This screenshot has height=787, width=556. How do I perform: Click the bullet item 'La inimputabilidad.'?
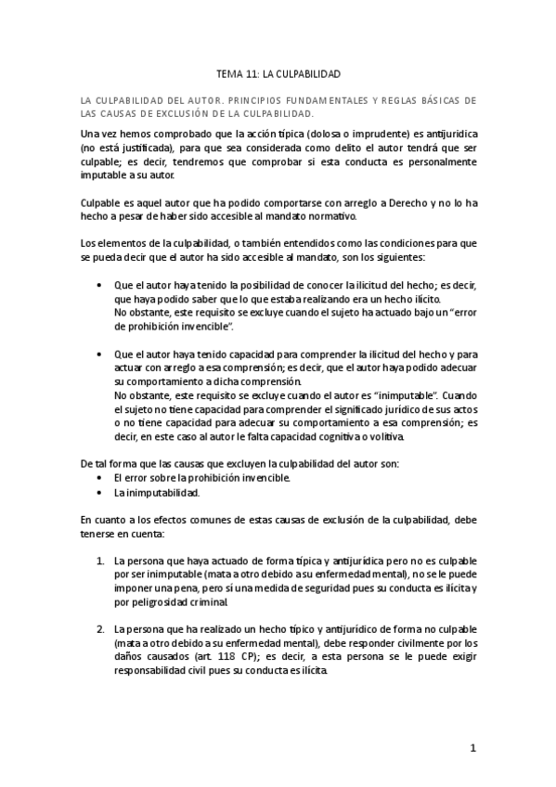tap(153, 492)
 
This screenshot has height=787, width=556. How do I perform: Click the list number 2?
tap(100, 630)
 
